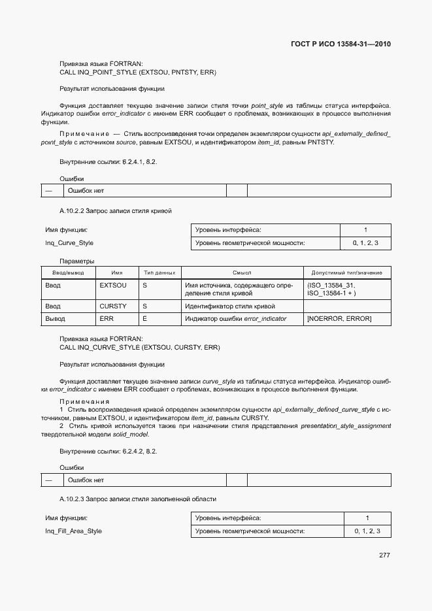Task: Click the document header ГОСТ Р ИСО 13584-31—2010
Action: (x=341, y=44)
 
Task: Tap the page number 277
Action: (x=384, y=555)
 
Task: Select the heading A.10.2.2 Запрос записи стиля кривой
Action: (x=116, y=210)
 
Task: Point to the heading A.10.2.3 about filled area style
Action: (x=138, y=499)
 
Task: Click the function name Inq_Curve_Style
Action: (x=69, y=243)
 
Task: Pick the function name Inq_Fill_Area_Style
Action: (x=73, y=531)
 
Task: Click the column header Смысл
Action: (x=242, y=272)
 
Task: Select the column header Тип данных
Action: (x=159, y=272)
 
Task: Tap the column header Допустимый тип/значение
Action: (x=347, y=272)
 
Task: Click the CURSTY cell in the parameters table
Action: (x=113, y=306)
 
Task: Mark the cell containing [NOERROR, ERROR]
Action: (x=339, y=319)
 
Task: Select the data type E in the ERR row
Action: (x=144, y=319)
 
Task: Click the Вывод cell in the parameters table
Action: (x=55, y=319)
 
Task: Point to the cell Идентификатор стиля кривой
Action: (x=230, y=306)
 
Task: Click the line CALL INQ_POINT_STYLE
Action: (x=138, y=72)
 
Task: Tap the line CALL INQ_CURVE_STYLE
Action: (x=139, y=348)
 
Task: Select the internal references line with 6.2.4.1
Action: (x=108, y=161)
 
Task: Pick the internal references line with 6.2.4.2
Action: (x=108, y=451)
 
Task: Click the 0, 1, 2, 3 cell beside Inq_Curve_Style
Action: (x=365, y=243)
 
